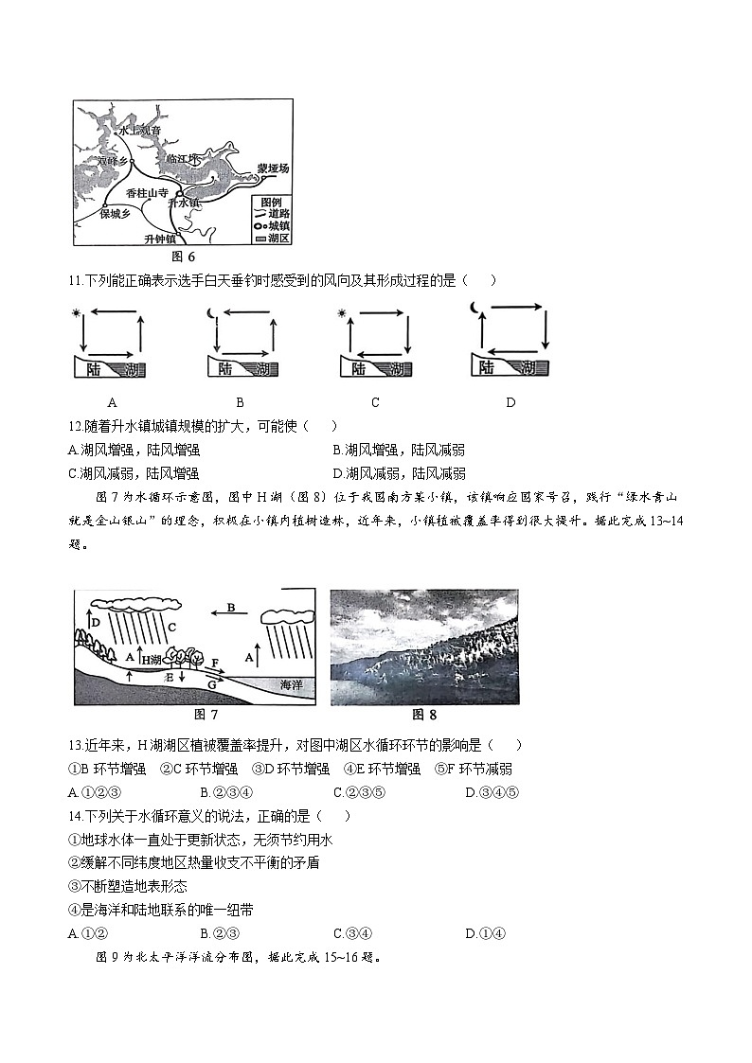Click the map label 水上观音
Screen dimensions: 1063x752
[140, 132]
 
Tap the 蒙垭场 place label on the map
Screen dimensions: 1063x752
[272, 168]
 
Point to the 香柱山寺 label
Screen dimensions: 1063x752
[147, 192]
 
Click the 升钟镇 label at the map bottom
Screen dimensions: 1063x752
[163, 239]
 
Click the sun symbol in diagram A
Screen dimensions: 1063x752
[77, 313]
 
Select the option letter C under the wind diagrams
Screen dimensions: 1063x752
[375, 402]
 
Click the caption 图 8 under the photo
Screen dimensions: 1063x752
[424, 715]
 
